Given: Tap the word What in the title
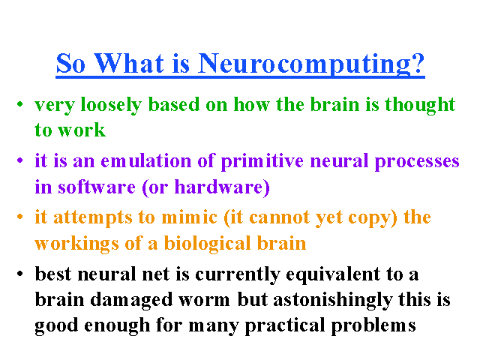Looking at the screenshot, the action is point(129,63).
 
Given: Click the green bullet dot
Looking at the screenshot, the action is point(20,104).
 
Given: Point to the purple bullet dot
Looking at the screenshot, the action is point(20,160).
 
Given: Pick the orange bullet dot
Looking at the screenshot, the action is point(20,217).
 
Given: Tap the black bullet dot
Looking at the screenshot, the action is point(20,273).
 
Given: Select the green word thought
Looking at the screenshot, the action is point(420,105).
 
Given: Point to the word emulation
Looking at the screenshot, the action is point(146,160).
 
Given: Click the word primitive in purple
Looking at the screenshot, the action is point(262,161).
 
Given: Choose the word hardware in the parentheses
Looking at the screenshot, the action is point(220,187).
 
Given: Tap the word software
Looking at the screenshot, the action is point(97,187).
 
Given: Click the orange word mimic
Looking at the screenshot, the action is point(190,217).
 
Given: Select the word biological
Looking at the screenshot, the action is point(208,244).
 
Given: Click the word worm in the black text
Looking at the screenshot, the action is point(204,300).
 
